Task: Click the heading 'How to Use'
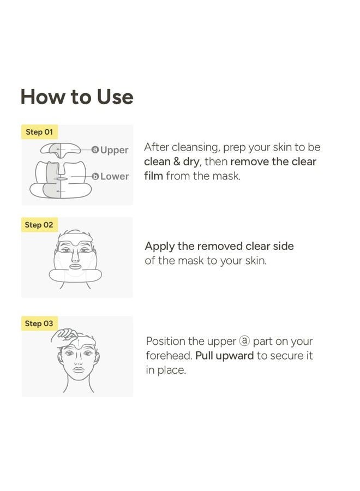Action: (x=77, y=97)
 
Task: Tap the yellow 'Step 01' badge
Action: (x=39, y=132)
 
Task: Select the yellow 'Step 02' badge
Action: (x=39, y=225)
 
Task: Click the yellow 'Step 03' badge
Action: (x=39, y=324)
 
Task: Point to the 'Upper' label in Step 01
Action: (x=114, y=150)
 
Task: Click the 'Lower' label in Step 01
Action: (x=115, y=176)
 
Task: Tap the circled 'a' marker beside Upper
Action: (x=95, y=149)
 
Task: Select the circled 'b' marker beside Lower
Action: (x=95, y=176)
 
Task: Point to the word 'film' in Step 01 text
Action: (x=153, y=176)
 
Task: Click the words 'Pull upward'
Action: (x=224, y=356)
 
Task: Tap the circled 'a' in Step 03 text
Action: (x=244, y=342)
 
